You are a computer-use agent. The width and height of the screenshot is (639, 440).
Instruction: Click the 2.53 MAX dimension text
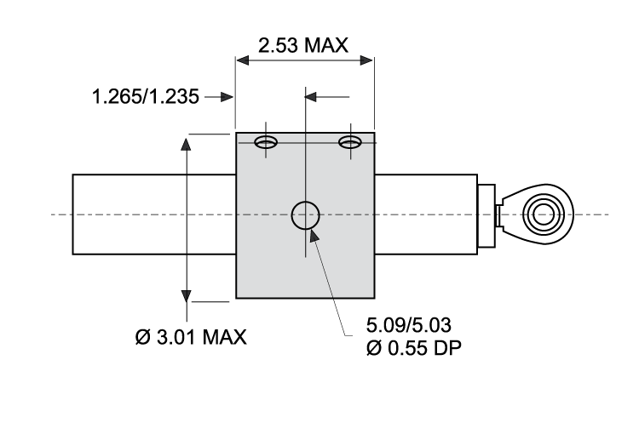[304, 45]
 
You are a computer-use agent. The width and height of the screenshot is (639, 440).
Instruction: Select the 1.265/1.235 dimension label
[146, 97]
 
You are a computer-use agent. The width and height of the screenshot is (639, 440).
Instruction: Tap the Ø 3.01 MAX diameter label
[191, 337]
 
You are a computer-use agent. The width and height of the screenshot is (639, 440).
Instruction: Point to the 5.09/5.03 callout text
[406, 325]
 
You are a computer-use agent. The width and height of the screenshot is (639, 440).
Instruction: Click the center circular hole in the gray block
[305, 216]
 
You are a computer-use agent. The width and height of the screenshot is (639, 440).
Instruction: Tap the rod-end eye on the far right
[543, 213]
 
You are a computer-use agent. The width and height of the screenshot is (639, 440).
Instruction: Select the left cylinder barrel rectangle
[153, 214]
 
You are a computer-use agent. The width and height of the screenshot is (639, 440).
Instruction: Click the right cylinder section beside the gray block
[426, 214]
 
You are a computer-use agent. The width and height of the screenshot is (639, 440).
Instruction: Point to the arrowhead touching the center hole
[314, 234]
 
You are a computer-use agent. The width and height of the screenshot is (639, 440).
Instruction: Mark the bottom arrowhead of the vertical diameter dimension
[186, 293]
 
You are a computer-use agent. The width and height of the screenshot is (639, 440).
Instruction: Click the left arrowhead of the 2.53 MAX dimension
[243, 61]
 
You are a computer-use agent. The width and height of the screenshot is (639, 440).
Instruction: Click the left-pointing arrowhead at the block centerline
[312, 97]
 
